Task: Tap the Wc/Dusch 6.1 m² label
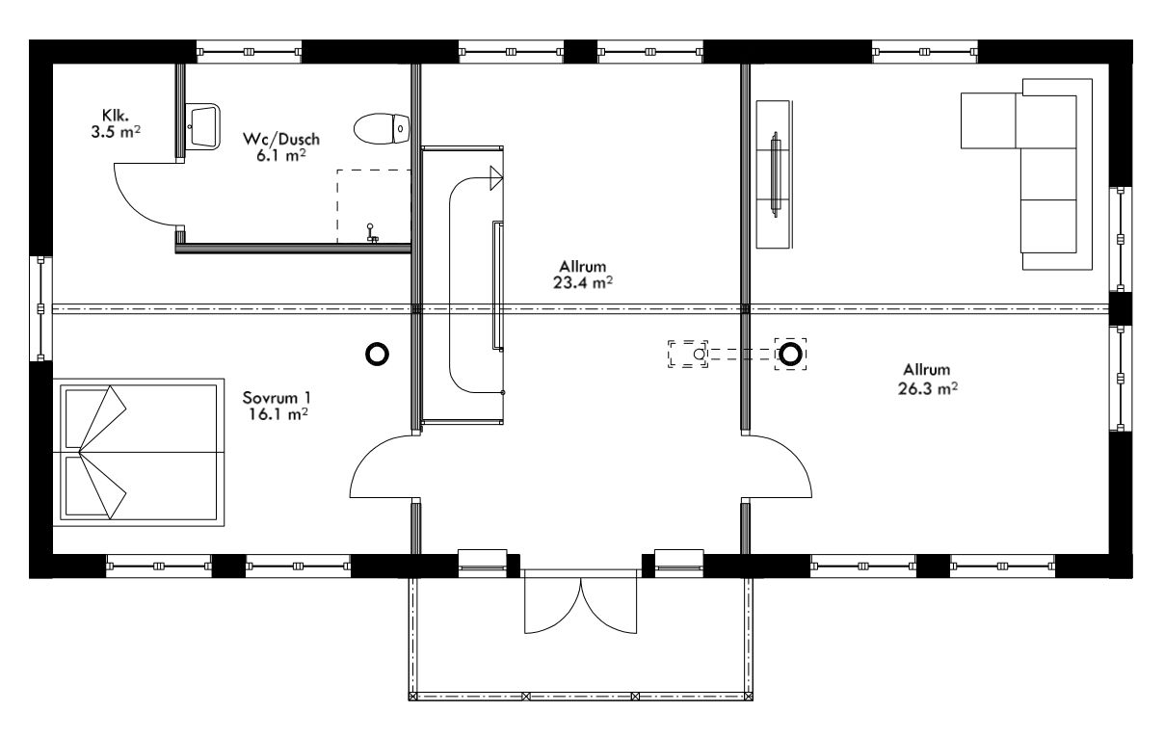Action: click(x=281, y=146)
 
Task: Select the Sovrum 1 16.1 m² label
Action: click(x=278, y=406)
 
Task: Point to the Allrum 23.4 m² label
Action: click(x=586, y=274)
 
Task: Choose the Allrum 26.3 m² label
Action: click(x=927, y=379)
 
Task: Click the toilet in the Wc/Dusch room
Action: click(x=382, y=127)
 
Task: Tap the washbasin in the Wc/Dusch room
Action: click(x=203, y=125)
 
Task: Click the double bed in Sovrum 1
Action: click(x=143, y=452)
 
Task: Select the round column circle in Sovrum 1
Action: click(x=377, y=355)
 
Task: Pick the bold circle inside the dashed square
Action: click(x=791, y=355)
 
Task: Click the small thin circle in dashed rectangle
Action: click(x=700, y=355)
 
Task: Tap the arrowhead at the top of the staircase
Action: click(x=496, y=177)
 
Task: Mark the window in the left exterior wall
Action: click(x=40, y=308)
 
